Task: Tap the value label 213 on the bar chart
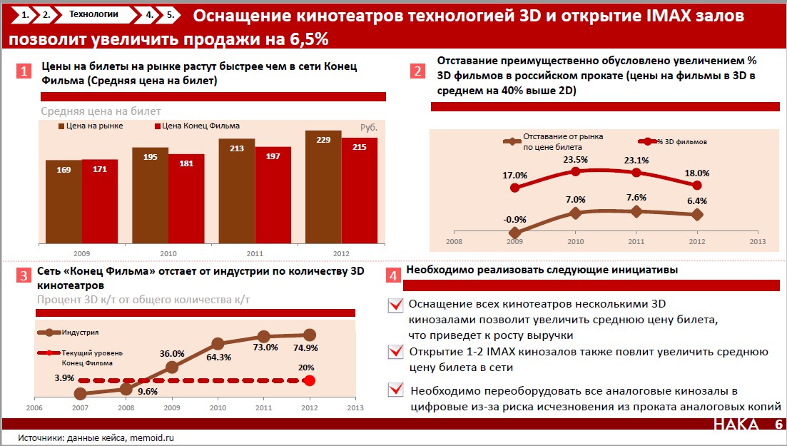[236, 149]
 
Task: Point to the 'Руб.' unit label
[368, 127]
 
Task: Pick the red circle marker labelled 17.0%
[514, 188]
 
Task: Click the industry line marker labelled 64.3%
[218, 344]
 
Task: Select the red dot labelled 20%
[309, 380]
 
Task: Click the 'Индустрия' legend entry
[80, 333]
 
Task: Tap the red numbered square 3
[24, 276]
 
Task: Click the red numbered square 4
[392, 274]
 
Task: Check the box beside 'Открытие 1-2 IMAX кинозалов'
[395, 353]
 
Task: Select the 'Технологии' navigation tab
[93, 14]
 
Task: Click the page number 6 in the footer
[778, 425]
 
